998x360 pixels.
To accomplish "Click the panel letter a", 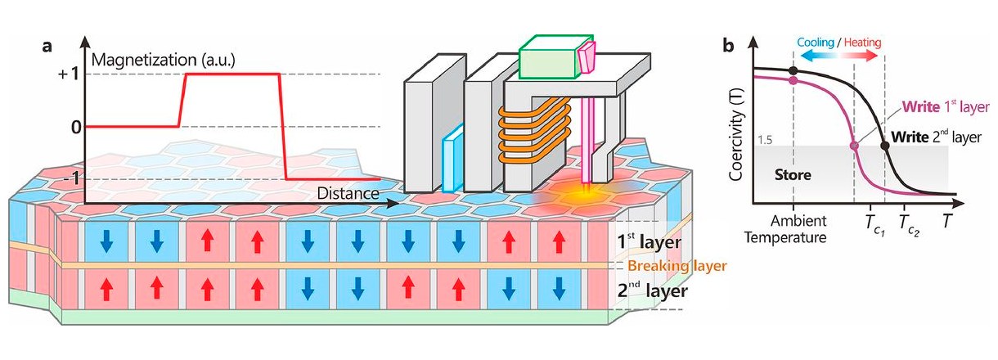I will coord(48,46).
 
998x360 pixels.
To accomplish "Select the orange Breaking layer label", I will coord(676,266).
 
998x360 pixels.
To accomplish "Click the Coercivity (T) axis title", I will coord(737,122).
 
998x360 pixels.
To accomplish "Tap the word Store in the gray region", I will coord(792,174).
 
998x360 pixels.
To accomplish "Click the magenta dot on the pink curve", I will coord(855,146).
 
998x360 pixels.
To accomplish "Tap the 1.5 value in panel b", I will coord(764,141).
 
